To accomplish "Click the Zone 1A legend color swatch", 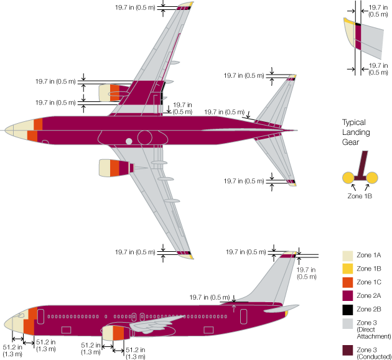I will [x=348, y=256].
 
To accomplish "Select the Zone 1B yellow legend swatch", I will [x=348, y=269].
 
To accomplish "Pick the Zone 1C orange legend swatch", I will [x=348, y=283].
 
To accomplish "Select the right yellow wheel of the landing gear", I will [x=372, y=178].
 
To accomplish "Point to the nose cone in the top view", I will [x=14, y=131].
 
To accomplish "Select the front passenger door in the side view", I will [x=42, y=315].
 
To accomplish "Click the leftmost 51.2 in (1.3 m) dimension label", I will [x=11, y=350].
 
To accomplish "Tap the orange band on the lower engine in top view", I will [x=114, y=167].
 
